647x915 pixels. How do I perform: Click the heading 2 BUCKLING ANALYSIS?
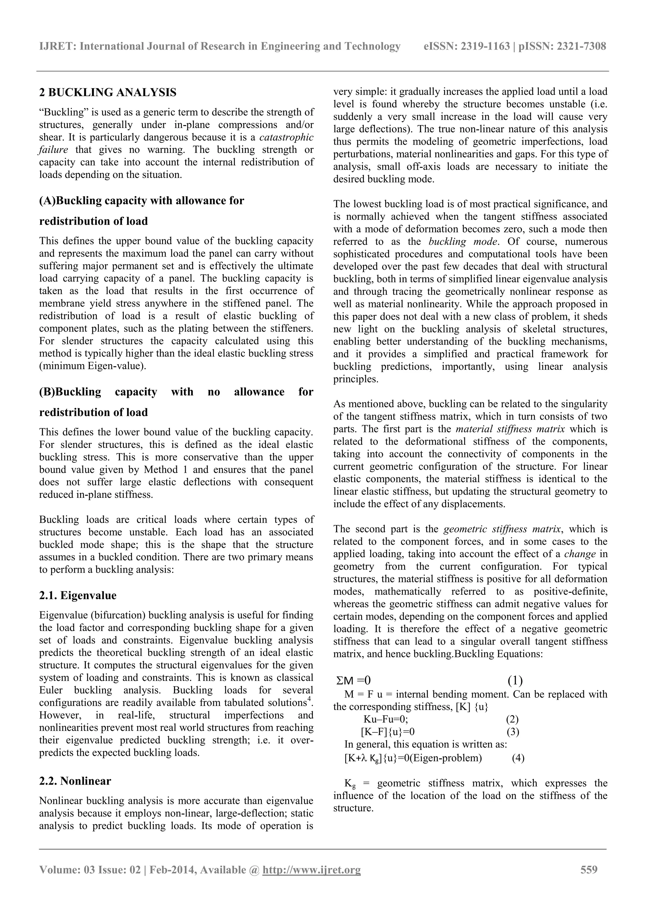(x=108, y=93)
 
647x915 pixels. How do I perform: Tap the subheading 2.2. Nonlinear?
(x=75, y=781)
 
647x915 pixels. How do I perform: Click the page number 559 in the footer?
(x=589, y=869)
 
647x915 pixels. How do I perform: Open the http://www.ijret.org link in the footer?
(x=311, y=870)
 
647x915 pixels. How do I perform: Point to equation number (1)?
(x=515, y=680)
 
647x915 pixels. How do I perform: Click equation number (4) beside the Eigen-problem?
(x=518, y=758)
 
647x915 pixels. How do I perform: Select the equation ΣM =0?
(x=354, y=680)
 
